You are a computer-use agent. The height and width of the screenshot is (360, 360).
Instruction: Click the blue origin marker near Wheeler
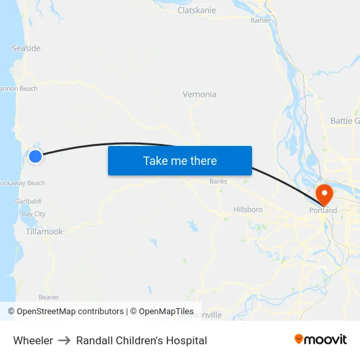[x=35, y=156]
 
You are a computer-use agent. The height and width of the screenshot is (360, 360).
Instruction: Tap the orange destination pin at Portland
[x=324, y=194]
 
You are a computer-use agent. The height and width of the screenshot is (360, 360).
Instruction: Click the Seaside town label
[x=26, y=48]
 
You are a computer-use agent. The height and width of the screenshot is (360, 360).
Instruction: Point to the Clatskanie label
[x=196, y=10]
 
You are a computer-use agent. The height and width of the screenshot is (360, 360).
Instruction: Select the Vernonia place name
[x=199, y=94]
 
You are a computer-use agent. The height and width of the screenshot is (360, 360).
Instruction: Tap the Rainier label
[x=261, y=20]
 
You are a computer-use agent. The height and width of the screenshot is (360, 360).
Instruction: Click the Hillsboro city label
[x=248, y=209]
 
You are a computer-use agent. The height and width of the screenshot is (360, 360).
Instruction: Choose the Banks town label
[x=218, y=181]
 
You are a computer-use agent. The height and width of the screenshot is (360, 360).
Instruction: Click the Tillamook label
[x=45, y=232]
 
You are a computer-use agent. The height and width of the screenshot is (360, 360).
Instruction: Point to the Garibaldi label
[x=28, y=202]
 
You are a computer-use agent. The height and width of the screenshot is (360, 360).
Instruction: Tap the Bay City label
[x=33, y=214]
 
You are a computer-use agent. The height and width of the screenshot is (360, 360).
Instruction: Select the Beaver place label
[x=48, y=297]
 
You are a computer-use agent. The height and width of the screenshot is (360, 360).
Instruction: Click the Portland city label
[x=323, y=210]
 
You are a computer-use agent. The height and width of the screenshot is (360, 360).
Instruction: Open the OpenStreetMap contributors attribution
[x=70, y=312]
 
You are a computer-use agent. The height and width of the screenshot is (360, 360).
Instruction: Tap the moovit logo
[x=321, y=339]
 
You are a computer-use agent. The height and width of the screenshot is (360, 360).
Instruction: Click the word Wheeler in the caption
[x=33, y=340]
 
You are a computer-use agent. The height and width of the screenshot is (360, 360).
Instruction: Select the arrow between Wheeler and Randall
[x=64, y=340]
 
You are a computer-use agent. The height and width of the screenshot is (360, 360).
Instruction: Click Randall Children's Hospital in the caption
[x=141, y=340]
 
